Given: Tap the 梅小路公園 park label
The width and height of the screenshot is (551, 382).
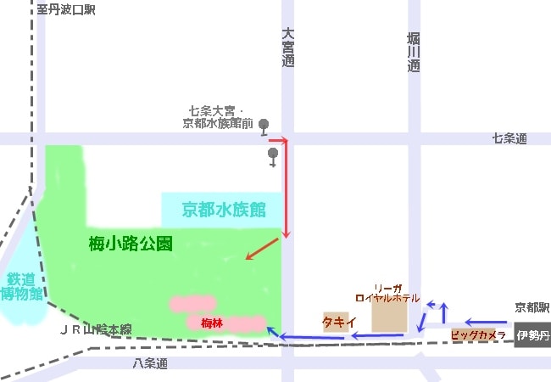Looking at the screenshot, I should pyautogui.click(x=131, y=244).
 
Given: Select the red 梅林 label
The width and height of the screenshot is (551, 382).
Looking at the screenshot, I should pyautogui.click(x=211, y=323).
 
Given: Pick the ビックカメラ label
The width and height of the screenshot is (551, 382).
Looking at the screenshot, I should pyautogui.click(x=477, y=335).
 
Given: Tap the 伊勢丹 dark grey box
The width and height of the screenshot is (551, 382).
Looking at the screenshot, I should pyautogui.click(x=532, y=336).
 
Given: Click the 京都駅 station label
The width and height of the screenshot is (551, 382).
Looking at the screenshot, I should pyautogui.click(x=532, y=307).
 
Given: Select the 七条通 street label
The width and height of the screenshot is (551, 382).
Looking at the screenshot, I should pyautogui.click(x=509, y=138).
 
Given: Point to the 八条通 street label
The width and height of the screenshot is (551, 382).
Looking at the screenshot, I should pyautogui.click(x=150, y=363).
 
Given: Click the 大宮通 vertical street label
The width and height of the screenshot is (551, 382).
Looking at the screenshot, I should pyautogui.click(x=288, y=47).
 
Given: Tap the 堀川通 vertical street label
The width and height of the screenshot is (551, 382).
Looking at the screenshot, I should pyautogui.click(x=413, y=51).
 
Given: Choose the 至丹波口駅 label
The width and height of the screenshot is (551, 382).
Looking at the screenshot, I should pyautogui.click(x=66, y=9).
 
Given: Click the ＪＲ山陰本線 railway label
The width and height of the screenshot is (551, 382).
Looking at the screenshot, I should pyautogui.click(x=96, y=329).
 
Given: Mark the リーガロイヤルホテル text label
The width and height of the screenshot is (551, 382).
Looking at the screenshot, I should pyautogui.click(x=387, y=294).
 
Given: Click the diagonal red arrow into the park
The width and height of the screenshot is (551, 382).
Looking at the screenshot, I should pyautogui.click(x=261, y=250).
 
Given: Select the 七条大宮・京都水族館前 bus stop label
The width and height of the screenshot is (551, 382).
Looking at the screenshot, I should pyautogui.click(x=218, y=117).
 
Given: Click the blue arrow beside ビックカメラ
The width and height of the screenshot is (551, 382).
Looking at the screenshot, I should pyautogui.click(x=489, y=323).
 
